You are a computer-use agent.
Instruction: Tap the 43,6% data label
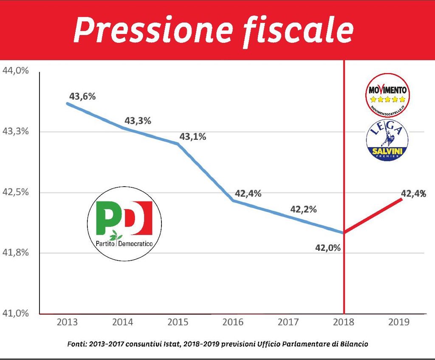pyautogui.click(x=82, y=96)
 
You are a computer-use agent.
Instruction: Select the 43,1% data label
pyautogui.click(x=192, y=137)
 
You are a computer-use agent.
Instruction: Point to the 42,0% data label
pyautogui.click(x=327, y=247)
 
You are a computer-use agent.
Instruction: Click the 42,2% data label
pyautogui.click(x=303, y=209)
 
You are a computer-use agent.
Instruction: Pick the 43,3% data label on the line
pyautogui.click(x=138, y=121)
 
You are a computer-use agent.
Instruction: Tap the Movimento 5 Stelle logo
pyautogui.click(x=387, y=95)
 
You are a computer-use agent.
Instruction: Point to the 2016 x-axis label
pyautogui.click(x=233, y=322)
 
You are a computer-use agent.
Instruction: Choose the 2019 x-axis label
pyautogui.click(x=399, y=322)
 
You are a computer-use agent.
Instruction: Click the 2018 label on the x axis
pyautogui.click(x=344, y=322)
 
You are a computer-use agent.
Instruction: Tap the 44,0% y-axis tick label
pyautogui.click(x=16, y=71)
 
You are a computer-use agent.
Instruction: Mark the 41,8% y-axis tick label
pyautogui.click(x=16, y=252)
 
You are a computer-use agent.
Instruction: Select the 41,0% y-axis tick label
pyautogui.click(x=16, y=313)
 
